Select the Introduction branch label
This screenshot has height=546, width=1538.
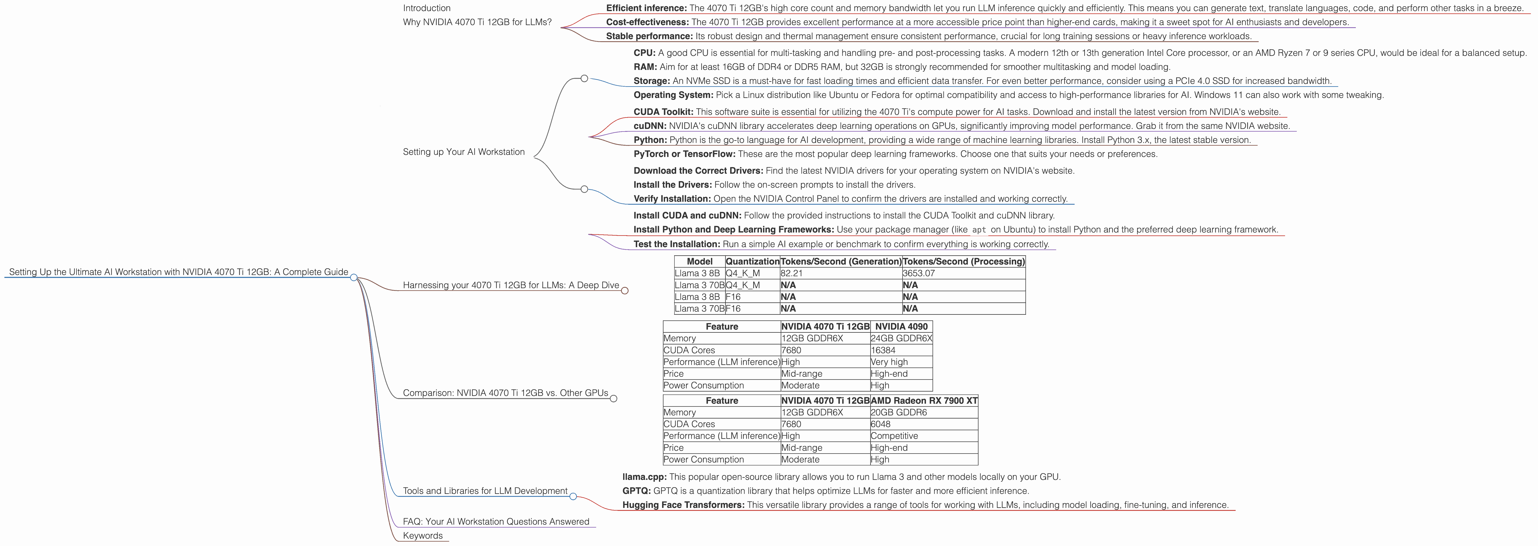pos(426,8)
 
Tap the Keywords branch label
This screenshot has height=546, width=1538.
pos(423,535)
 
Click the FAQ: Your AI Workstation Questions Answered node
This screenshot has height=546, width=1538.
pos(496,522)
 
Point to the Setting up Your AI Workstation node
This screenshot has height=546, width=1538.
pos(463,152)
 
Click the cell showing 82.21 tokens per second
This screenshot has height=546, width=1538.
pos(792,273)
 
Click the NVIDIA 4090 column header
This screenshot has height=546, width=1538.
pos(901,326)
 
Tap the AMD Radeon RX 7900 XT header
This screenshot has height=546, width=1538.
pos(924,400)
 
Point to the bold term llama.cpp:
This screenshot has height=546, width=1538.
pos(644,477)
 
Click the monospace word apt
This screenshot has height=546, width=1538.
pos(978,230)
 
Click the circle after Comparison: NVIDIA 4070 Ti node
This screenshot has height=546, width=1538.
pos(613,399)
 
